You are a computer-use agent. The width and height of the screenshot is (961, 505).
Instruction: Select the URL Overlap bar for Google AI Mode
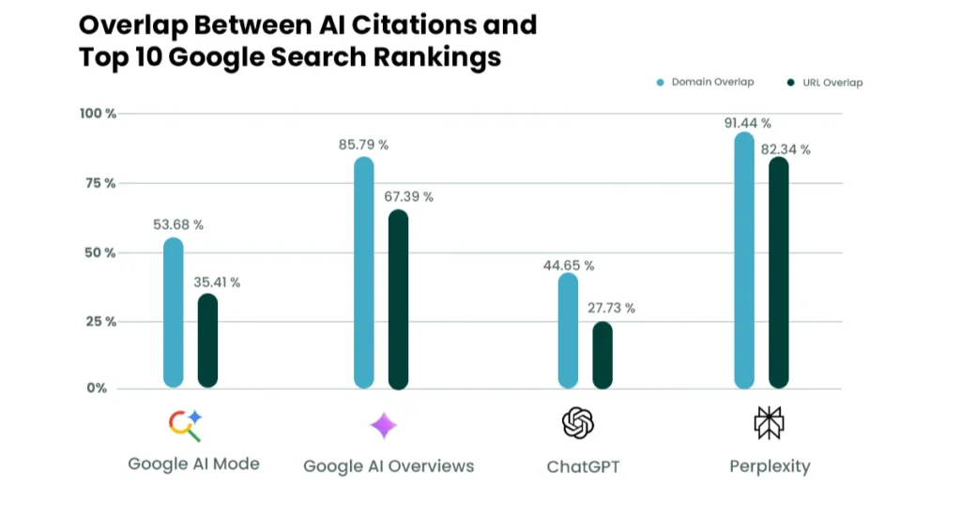[x=207, y=341]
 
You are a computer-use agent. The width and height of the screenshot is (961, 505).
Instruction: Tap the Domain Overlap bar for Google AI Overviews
[x=364, y=272]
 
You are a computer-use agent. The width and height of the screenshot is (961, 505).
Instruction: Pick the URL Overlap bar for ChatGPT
[x=603, y=355]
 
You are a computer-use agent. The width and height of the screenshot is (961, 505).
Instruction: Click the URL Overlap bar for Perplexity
[x=778, y=272]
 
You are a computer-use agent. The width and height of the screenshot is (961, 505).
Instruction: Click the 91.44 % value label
[x=748, y=123]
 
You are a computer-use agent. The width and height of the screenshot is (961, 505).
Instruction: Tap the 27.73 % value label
[x=611, y=308]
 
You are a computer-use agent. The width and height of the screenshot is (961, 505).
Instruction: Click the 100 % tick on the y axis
[x=98, y=114]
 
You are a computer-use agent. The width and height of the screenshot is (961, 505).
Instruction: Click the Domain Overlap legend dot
[x=661, y=83]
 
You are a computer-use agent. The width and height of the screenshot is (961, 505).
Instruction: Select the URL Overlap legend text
[x=832, y=83]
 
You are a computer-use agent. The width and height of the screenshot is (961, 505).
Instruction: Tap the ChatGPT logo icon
[x=578, y=424]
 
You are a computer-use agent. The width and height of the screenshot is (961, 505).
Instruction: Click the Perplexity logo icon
[x=769, y=424]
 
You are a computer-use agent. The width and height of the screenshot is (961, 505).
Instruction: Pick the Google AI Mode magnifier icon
[x=185, y=425]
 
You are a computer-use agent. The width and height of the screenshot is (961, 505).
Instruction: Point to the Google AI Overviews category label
[x=389, y=467]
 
